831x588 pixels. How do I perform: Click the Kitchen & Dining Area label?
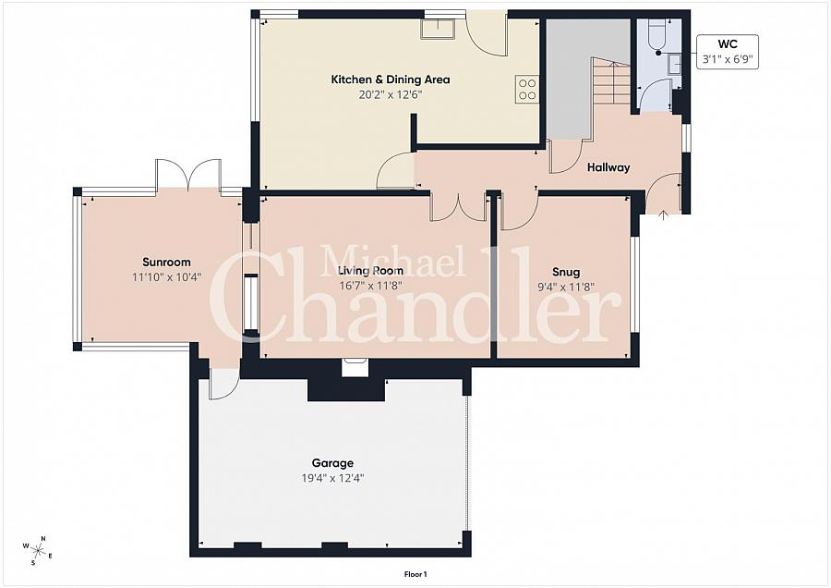pos(391,80)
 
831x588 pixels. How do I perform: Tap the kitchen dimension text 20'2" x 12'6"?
pos(391,94)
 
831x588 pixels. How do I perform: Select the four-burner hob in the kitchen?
pos(527,89)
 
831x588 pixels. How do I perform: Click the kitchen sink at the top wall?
pos(439,28)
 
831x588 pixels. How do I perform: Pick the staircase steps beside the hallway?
pos(609,82)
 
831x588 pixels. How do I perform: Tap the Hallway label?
pos(608,167)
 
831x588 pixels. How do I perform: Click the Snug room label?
pos(566,272)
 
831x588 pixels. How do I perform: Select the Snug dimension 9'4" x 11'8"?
pos(566,287)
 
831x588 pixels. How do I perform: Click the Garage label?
pos(331,463)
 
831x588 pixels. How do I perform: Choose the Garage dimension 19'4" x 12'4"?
pos(331,478)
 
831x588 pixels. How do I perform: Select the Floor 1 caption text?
pos(415,574)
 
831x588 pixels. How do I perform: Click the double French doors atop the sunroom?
pos(188,175)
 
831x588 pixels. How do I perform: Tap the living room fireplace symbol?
pos(355,368)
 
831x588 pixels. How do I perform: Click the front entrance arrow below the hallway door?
pos(664,216)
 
